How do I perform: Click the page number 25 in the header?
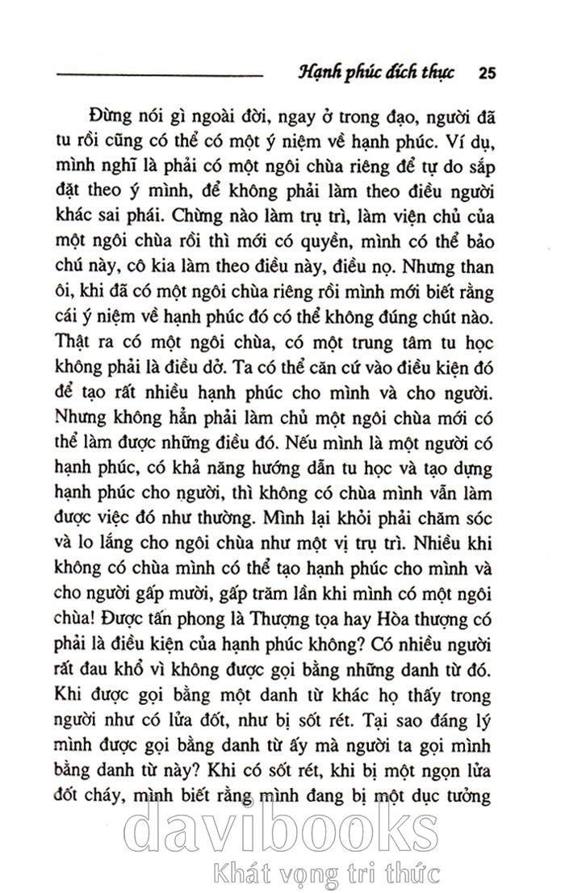coord(487,73)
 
